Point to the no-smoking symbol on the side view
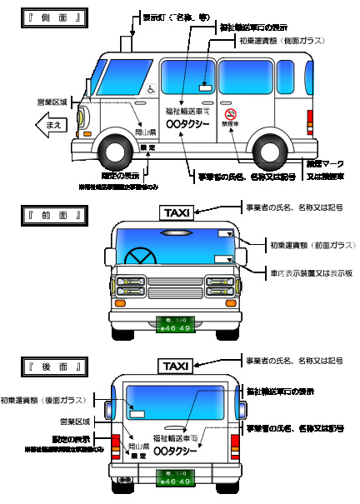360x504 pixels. point(231,113)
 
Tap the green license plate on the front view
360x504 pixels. point(175,323)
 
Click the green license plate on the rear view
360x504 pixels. point(175,477)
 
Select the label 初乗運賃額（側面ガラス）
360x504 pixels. point(279,41)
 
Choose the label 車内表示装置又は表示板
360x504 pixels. point(306,272)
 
